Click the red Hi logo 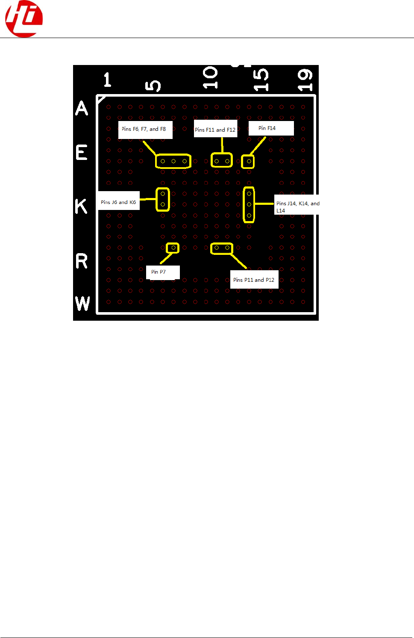click(x=24, y=19)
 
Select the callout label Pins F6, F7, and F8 click(x=145, y=129)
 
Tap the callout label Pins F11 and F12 click(x=215, y=129)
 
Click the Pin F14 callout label click(x=271, y=128)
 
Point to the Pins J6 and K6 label click(x=119, y=202)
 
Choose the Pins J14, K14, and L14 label click(x=297, y=207)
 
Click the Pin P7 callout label click(x=162, y=272)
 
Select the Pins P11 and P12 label click(x=254, y=280)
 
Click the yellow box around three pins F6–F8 click(x=173, y=161)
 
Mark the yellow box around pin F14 click(x=248, y=162)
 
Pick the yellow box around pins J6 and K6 click(x=163, y=199)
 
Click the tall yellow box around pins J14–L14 click(x=249, y=205)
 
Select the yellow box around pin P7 click(x=173, y=248)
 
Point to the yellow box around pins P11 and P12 click(x=222, y=248)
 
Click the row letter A click(x=82, y=108)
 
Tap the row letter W click(x=82, y=304)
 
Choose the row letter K click(x=81, y=207)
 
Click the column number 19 click(x=305, y=80)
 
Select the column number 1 click(x=107, y=80)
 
